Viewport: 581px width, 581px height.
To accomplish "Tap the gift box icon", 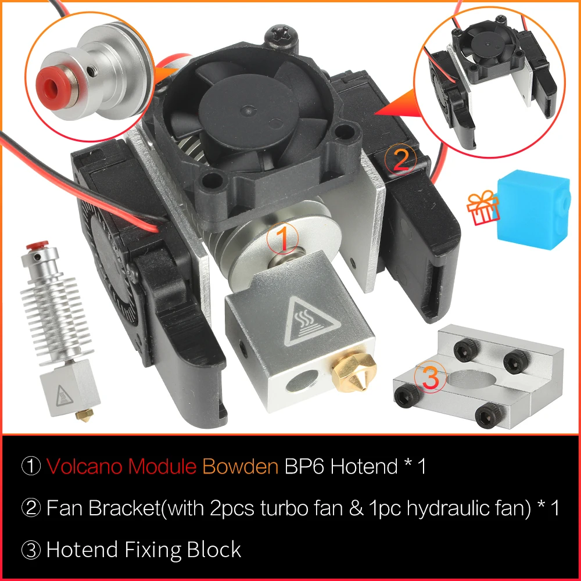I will (483, 209).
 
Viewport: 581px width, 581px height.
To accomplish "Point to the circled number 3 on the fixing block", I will (429, 378).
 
